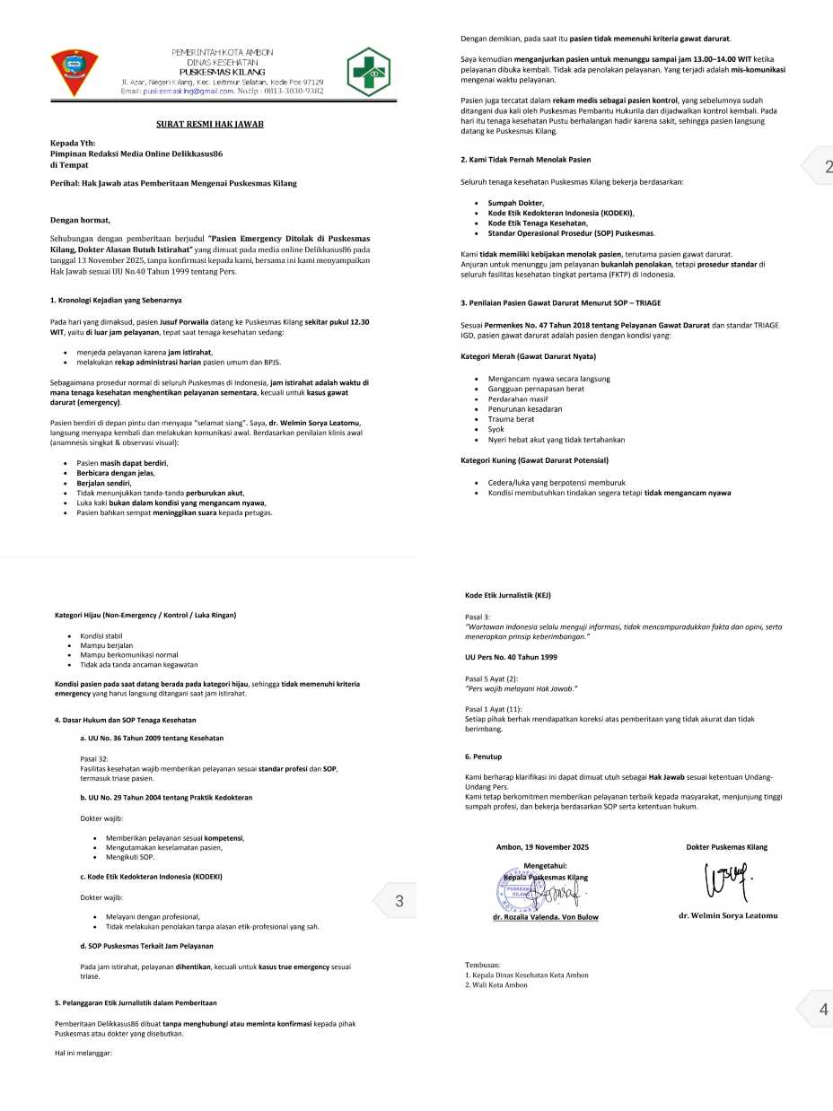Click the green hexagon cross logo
(368, 72)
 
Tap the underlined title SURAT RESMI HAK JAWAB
(205, 124)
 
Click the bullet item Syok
(496, 429)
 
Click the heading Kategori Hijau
(146, 615)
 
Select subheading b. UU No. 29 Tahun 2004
(166, 797)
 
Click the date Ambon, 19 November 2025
(542, 846)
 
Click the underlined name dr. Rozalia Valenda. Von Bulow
(545, 917)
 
